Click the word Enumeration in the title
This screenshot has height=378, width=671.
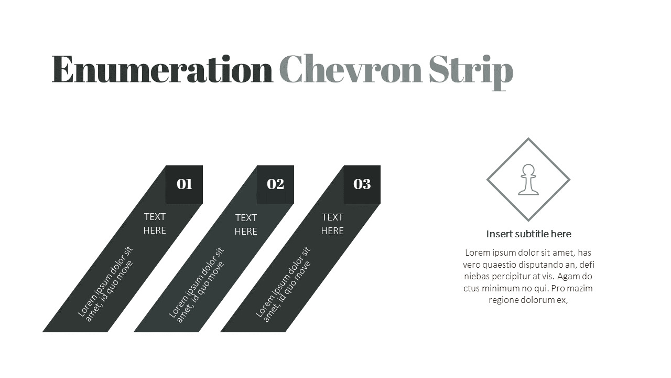pyautogui.click(x=162, y=69)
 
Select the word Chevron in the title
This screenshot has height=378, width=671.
pyautogui.click(x=351, y=68)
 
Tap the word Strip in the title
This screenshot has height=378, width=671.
pyautogui.click(x=471, y=72)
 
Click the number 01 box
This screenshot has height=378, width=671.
pyautogui.click(x=184, y=184)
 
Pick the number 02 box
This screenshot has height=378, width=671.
pyautogui.click(x=275, y=184)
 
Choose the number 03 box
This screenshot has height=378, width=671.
pyautogui.click(x=362, y=184)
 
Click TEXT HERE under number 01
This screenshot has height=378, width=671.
pyautogui.click(x=155, y=224)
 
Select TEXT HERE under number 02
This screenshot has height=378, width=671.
pyautogui.click(x=246, y=224)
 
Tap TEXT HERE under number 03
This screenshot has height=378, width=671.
pyautogui.click(x=332, y=224)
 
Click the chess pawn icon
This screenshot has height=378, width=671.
pyautogui.click(x=528, y=180)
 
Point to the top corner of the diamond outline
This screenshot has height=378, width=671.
pyautogui.click(x=528, y=138)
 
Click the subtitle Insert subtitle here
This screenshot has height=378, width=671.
pyautogui.click(x=528, y=234)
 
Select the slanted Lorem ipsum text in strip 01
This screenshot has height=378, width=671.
pyautogui.click(x=105, y=284)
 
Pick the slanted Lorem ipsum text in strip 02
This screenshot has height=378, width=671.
pyautogui.click(x=197, y=285)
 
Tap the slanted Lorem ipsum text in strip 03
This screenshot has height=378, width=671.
pyautogui.click(x=283, y=285)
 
